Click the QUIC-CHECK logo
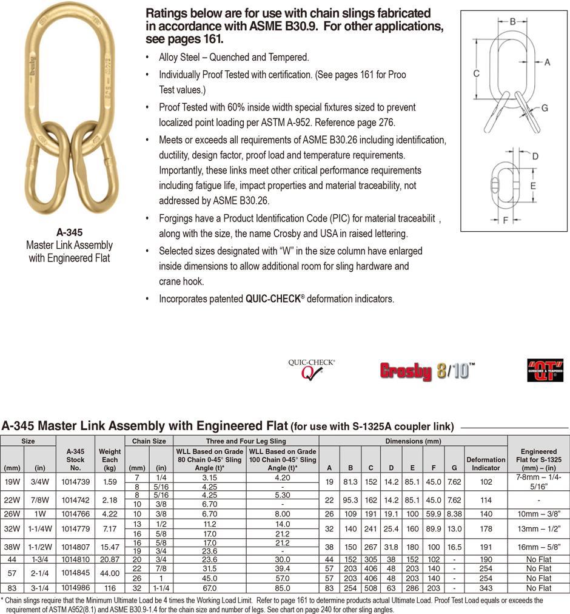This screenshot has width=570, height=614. tap(311, 368)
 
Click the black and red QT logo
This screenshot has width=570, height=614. tap(545, 370)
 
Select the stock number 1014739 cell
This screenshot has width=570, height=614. tap(75, 482)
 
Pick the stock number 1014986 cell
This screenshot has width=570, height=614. tap(75, 588)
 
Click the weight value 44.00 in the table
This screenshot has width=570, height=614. tap(110, 573)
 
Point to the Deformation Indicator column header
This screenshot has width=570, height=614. tap(486, 464)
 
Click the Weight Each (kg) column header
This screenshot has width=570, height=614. tap(110, 459)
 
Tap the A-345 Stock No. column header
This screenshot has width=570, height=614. tap(75, 459)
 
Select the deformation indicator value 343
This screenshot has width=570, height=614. tap(486, 588)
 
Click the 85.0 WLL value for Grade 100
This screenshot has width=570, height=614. tap(282, 588)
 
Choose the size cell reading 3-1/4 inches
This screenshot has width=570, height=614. tap(41, 588)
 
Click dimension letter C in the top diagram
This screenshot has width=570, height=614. tap(477, 73)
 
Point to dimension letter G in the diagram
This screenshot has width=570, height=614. tap(544, 108)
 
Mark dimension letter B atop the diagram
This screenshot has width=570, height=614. tap(512, 21)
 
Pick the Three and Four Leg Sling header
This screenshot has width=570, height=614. tap(246, 441)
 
